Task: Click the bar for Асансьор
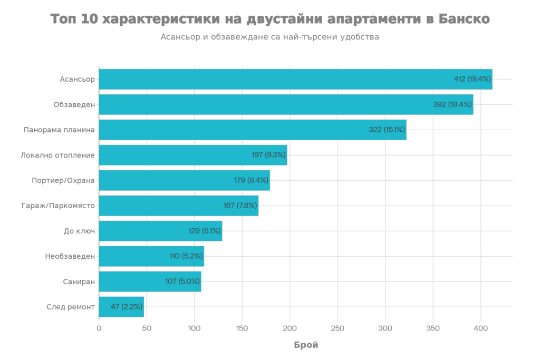point(295,79)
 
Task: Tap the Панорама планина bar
point(253,130)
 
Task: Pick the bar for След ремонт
point(121,307)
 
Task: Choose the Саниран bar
point(150,281)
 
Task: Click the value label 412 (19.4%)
point(472,79)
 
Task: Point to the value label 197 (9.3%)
point(268,155)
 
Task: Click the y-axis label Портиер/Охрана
point(63,180)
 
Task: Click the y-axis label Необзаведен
point(70,256)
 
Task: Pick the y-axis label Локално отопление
point(57,155)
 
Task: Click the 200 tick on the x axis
point(290,328)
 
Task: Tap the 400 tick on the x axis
point(480,328)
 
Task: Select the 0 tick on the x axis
point(99,328)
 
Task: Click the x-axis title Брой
point(306,345)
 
